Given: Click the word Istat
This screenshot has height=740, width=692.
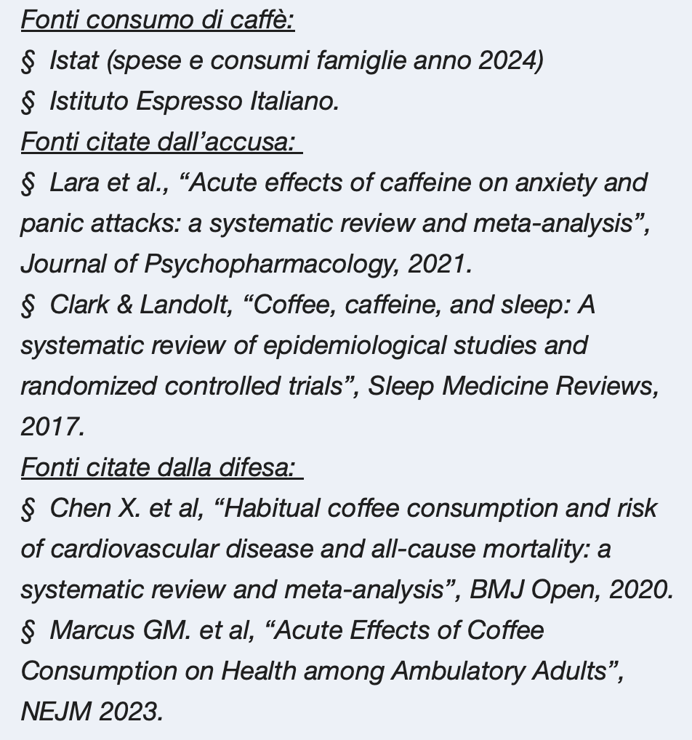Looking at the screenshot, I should click(x=73, y=60).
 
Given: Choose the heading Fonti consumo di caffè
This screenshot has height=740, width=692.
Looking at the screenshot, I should click(x=157, y=20).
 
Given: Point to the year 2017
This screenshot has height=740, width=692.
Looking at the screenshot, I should click(x=52, y=427).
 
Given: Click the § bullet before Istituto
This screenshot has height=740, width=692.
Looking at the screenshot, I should click(x=28, y=102).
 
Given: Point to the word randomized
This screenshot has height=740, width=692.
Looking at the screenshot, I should click(x=88, y=386).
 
